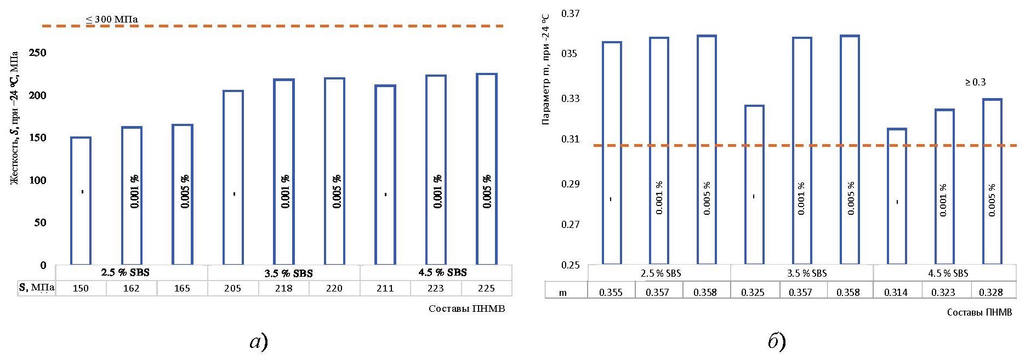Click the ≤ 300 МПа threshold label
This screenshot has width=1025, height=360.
112,20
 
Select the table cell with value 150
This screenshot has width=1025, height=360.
81,288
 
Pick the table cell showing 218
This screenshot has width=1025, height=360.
283,288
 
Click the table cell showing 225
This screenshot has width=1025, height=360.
486,288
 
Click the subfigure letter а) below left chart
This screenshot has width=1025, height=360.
259,342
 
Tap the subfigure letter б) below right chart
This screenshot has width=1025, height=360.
777,342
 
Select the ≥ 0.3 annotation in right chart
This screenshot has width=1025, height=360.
975,82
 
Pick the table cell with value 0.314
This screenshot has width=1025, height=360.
896,293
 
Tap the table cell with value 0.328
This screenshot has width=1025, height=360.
991,293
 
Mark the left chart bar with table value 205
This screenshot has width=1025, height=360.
233,178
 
